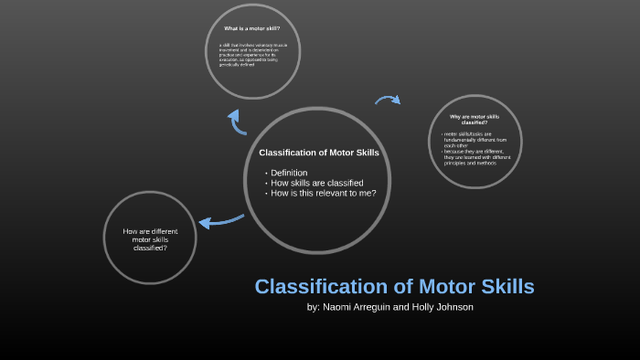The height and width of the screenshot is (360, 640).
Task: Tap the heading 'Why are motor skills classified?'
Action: click(474, 120)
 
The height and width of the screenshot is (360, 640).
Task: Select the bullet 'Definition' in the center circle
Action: click(289, 173)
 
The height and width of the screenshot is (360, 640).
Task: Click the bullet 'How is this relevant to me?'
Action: click(324, 193)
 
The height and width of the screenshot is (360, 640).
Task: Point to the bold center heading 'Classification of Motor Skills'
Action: click(319, 152)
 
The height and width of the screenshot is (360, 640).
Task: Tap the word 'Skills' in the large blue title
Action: click(501, 286)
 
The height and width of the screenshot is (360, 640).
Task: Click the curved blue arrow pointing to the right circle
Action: click(388, 100)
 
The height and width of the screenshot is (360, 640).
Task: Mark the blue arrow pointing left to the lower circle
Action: click(220, 220)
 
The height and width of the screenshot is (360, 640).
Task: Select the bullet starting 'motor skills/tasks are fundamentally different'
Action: click(474, 140)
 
